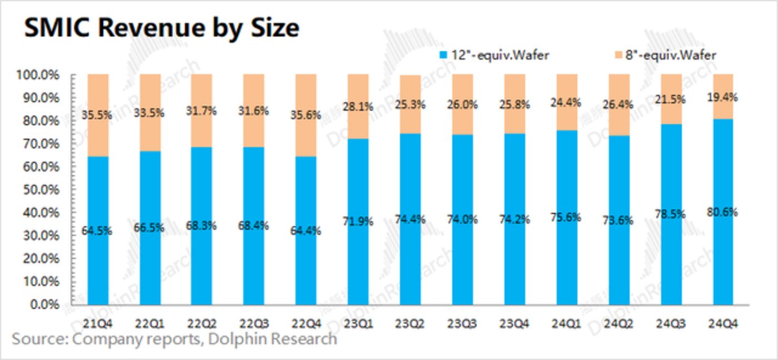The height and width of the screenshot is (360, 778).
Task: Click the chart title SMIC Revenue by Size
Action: (161, 27)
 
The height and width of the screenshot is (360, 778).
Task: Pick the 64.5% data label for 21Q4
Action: (97, 230)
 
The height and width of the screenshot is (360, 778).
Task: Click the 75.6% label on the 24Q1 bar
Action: (566, 218)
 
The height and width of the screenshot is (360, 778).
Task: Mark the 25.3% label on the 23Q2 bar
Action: (409, 103)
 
